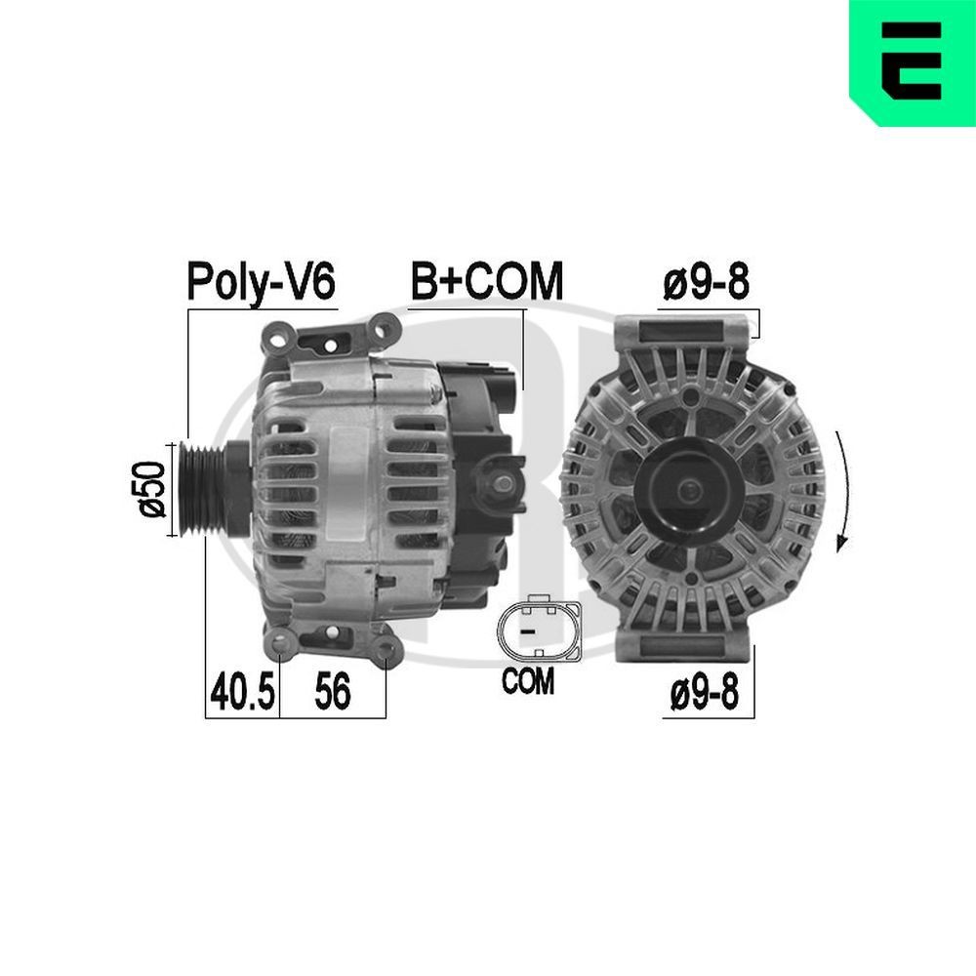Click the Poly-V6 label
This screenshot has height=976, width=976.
click(x=261, y=282)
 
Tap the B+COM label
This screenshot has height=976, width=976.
click(x=486, y=282)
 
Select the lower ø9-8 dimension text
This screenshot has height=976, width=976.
click(x=705, y=694)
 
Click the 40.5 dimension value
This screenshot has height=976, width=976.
click(x=241, y=693)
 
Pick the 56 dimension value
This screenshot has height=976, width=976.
click(x=332, y=693)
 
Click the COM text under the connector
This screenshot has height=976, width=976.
click(x=527, y=681)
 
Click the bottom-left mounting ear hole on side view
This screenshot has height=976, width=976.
click(x=282, y=644)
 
